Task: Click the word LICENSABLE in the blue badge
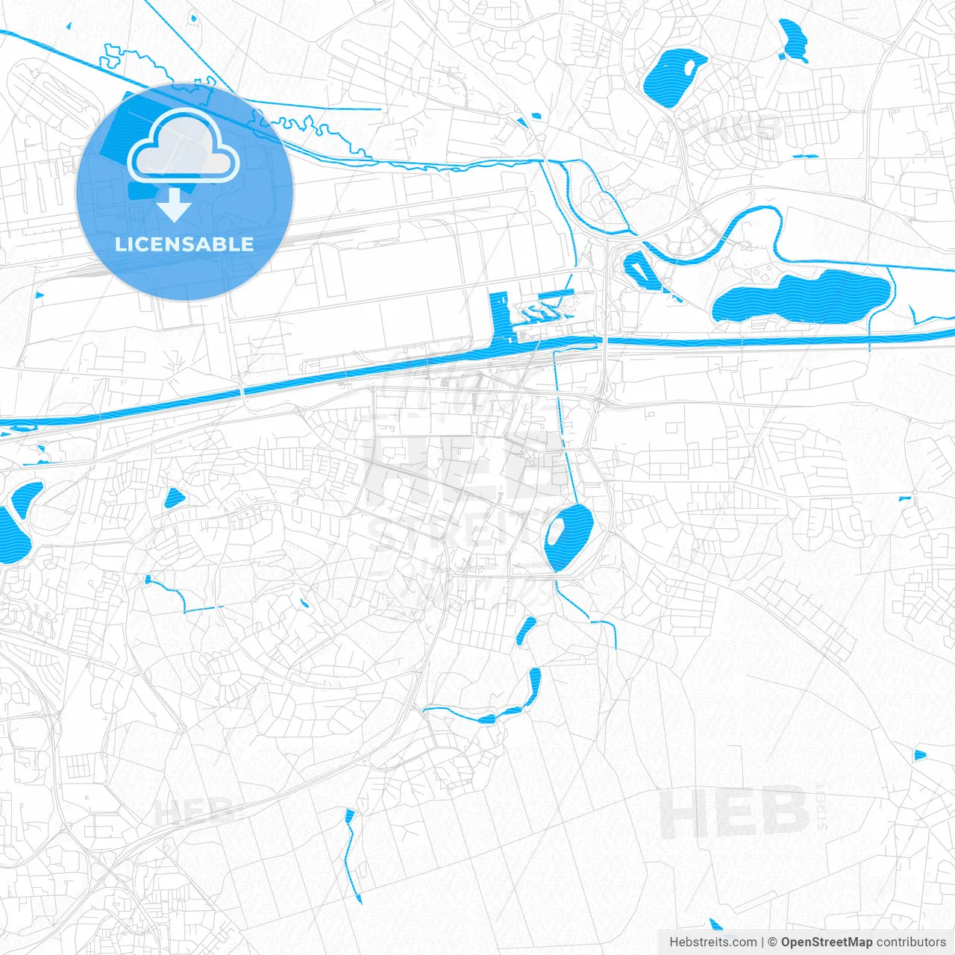click(x=184, y=245)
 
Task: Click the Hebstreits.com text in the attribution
click(x=713, y=942)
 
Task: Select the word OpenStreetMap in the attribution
click(x=826, y=942)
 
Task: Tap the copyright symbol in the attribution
click(x=773, y=942)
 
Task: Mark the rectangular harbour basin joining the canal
click(x=499, y=317)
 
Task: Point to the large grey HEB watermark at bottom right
click(x=735, y=812)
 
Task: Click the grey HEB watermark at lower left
click(x=194, y=812)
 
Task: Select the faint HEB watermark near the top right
click(x=742, y=130)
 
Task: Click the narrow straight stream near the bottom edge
click(x=350, y=854)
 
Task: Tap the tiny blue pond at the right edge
click(x=919, y=755)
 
